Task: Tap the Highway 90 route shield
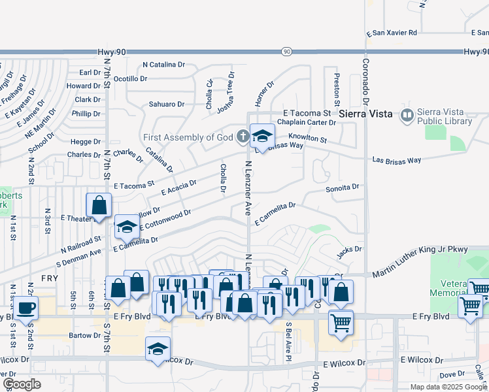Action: [x=287, y=52]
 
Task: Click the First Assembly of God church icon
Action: [x=243, y=137]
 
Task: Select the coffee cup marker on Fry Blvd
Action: [x=26, y=308]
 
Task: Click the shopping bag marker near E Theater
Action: [x=99, y=205]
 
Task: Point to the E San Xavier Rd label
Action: [x=392, y=32]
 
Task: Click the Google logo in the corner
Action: [x=22, y=384]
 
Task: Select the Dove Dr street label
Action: [x=452, y=374]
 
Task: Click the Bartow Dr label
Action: [x=82, y=335]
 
